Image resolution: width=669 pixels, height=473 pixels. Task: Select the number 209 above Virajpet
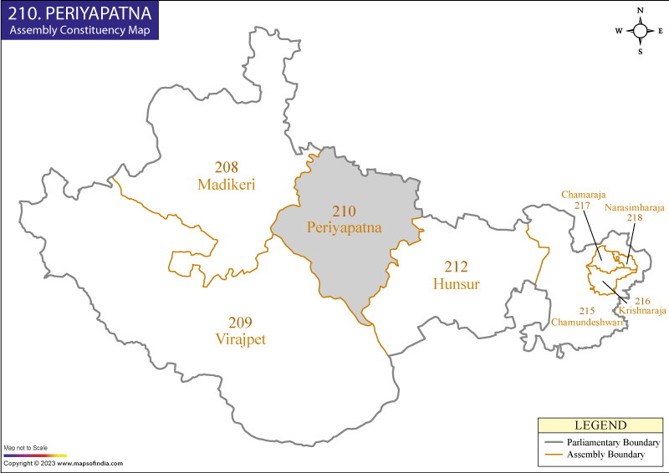(x=240, y=323)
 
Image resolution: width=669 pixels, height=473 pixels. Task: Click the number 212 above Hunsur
(x=457, y=267)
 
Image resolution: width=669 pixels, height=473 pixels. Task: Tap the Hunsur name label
(x=457, y=284)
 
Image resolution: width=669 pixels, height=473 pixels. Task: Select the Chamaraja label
(x=583, y=195)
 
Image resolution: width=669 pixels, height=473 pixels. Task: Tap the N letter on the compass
(x=640, y=11)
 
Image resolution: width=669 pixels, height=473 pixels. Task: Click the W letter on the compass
(x=620, y=31)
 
